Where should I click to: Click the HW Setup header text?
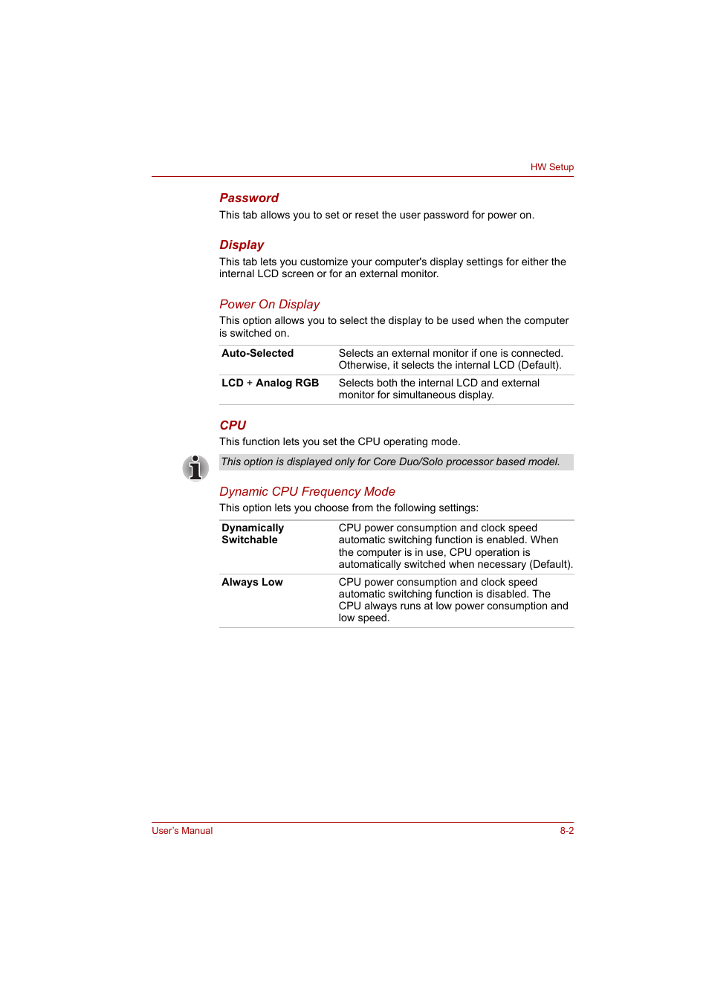click(551, 167)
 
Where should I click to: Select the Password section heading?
click(249, 198)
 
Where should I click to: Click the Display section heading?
click(242, 245)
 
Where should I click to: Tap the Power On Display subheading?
click(269, 305)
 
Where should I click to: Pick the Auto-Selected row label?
click(257, 354)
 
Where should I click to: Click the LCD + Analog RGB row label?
click(270, 383)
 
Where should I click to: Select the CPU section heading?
click(233, 426)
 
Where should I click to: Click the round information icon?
click(195, 467)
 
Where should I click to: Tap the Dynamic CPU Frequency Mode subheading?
click(307, 492)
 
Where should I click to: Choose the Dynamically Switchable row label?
click(253, 534)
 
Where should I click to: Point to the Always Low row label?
click(252, 583)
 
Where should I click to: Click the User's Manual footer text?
click(182, 831)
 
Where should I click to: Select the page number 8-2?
click(566, 831)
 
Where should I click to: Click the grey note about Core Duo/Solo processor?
click(390, 462)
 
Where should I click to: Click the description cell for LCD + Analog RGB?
click(438, 389)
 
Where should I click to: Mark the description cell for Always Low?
click(453, 600)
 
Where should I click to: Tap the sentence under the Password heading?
click(376, 216)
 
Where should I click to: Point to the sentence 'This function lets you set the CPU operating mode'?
click(340, 442)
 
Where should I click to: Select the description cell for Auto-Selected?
click(450, 360)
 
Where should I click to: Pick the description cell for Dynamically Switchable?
click(455, 546)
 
